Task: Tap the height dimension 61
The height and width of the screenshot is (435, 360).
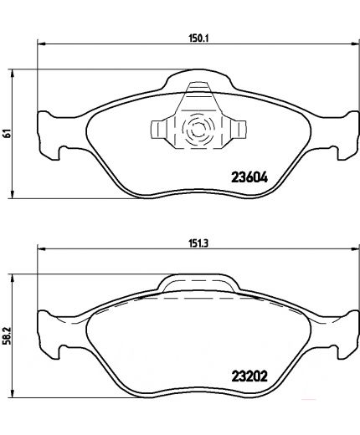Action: point(7,133)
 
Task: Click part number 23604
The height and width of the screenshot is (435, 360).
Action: point(249,177)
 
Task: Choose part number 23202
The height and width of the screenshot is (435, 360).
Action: point(250,376)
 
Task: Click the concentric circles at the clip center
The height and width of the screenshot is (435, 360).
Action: point(199,130)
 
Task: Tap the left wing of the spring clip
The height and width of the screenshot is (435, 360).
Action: point(158,130)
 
